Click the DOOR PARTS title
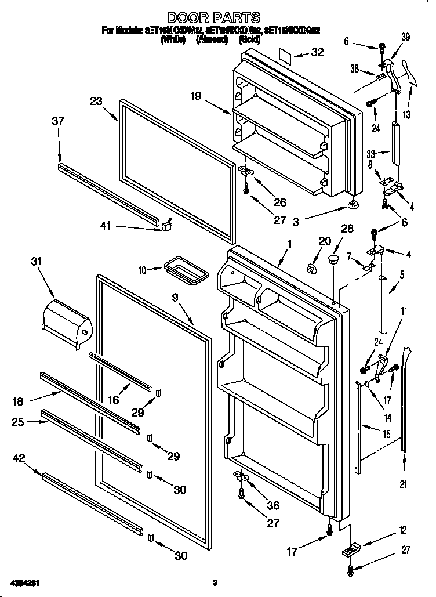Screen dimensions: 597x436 (214, 18)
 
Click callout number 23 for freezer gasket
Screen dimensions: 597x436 (96, 101)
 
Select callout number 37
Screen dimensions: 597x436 (57, 121)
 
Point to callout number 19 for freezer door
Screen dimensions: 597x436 (195, 96)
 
